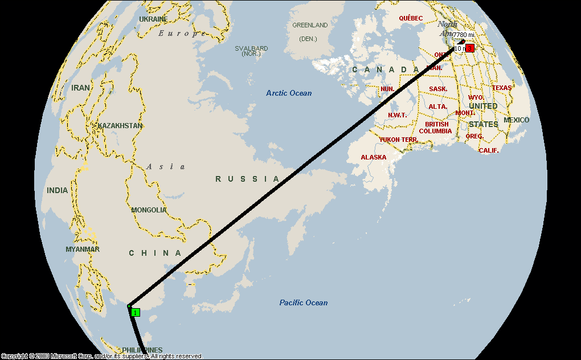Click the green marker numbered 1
point(135,312)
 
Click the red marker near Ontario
point(470,48)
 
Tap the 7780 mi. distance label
point(464,35)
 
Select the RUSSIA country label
point(248,179)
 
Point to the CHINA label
point(155,253)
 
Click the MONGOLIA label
point(149,210)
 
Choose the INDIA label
point(57,190)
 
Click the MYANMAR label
point(83,249)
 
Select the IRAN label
point(80,88)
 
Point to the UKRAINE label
point(153,19)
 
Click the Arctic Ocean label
point(289,93)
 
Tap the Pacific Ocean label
point(303,302)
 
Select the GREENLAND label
point(310,25)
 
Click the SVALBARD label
point(251,48)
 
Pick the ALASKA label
point(373,157)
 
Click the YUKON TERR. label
point(398,140)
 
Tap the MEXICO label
point(516,120)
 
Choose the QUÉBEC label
point(411,18)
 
